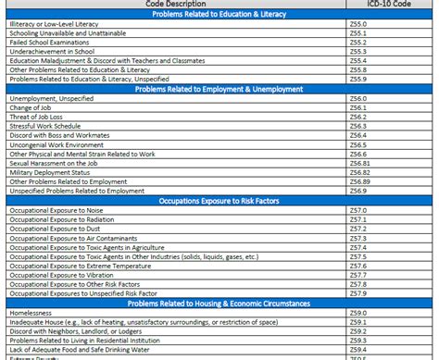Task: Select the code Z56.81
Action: tap(360, 162)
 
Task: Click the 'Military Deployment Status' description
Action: tap(50, 172)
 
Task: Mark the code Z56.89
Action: tap(360, 181)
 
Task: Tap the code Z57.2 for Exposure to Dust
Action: tap(358, 230)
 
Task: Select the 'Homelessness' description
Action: tap(32, 313)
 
